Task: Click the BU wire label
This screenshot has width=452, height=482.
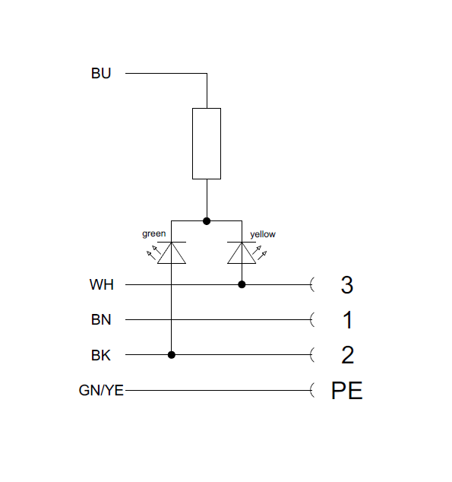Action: coord(101,74)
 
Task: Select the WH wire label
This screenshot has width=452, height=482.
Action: coord(101,285)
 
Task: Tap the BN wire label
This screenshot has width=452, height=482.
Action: coord(101,320)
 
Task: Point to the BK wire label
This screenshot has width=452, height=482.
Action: coord(101,355)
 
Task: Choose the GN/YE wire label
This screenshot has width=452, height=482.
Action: coord(101,391)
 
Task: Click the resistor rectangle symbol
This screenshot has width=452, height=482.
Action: coord(207,144)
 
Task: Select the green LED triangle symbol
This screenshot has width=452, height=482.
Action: coord(172,252)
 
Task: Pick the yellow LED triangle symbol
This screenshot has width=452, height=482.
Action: coord(242,252)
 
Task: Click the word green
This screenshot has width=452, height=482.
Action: coord(153,233)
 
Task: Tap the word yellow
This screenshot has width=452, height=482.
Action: coord(262,234)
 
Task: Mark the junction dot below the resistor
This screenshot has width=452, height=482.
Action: coord(207,221)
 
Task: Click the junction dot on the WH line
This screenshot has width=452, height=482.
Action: coord(242,285)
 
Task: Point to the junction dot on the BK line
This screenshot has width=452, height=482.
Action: coord(172,355)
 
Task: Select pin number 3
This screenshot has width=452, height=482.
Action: coord(347,285)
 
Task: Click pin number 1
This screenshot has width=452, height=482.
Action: coord(347,320)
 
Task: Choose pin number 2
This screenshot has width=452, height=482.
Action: coord(347,355)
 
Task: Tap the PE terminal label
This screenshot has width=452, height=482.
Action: coord(347,391)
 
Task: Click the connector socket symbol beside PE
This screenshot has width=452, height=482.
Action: coord(314,391)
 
